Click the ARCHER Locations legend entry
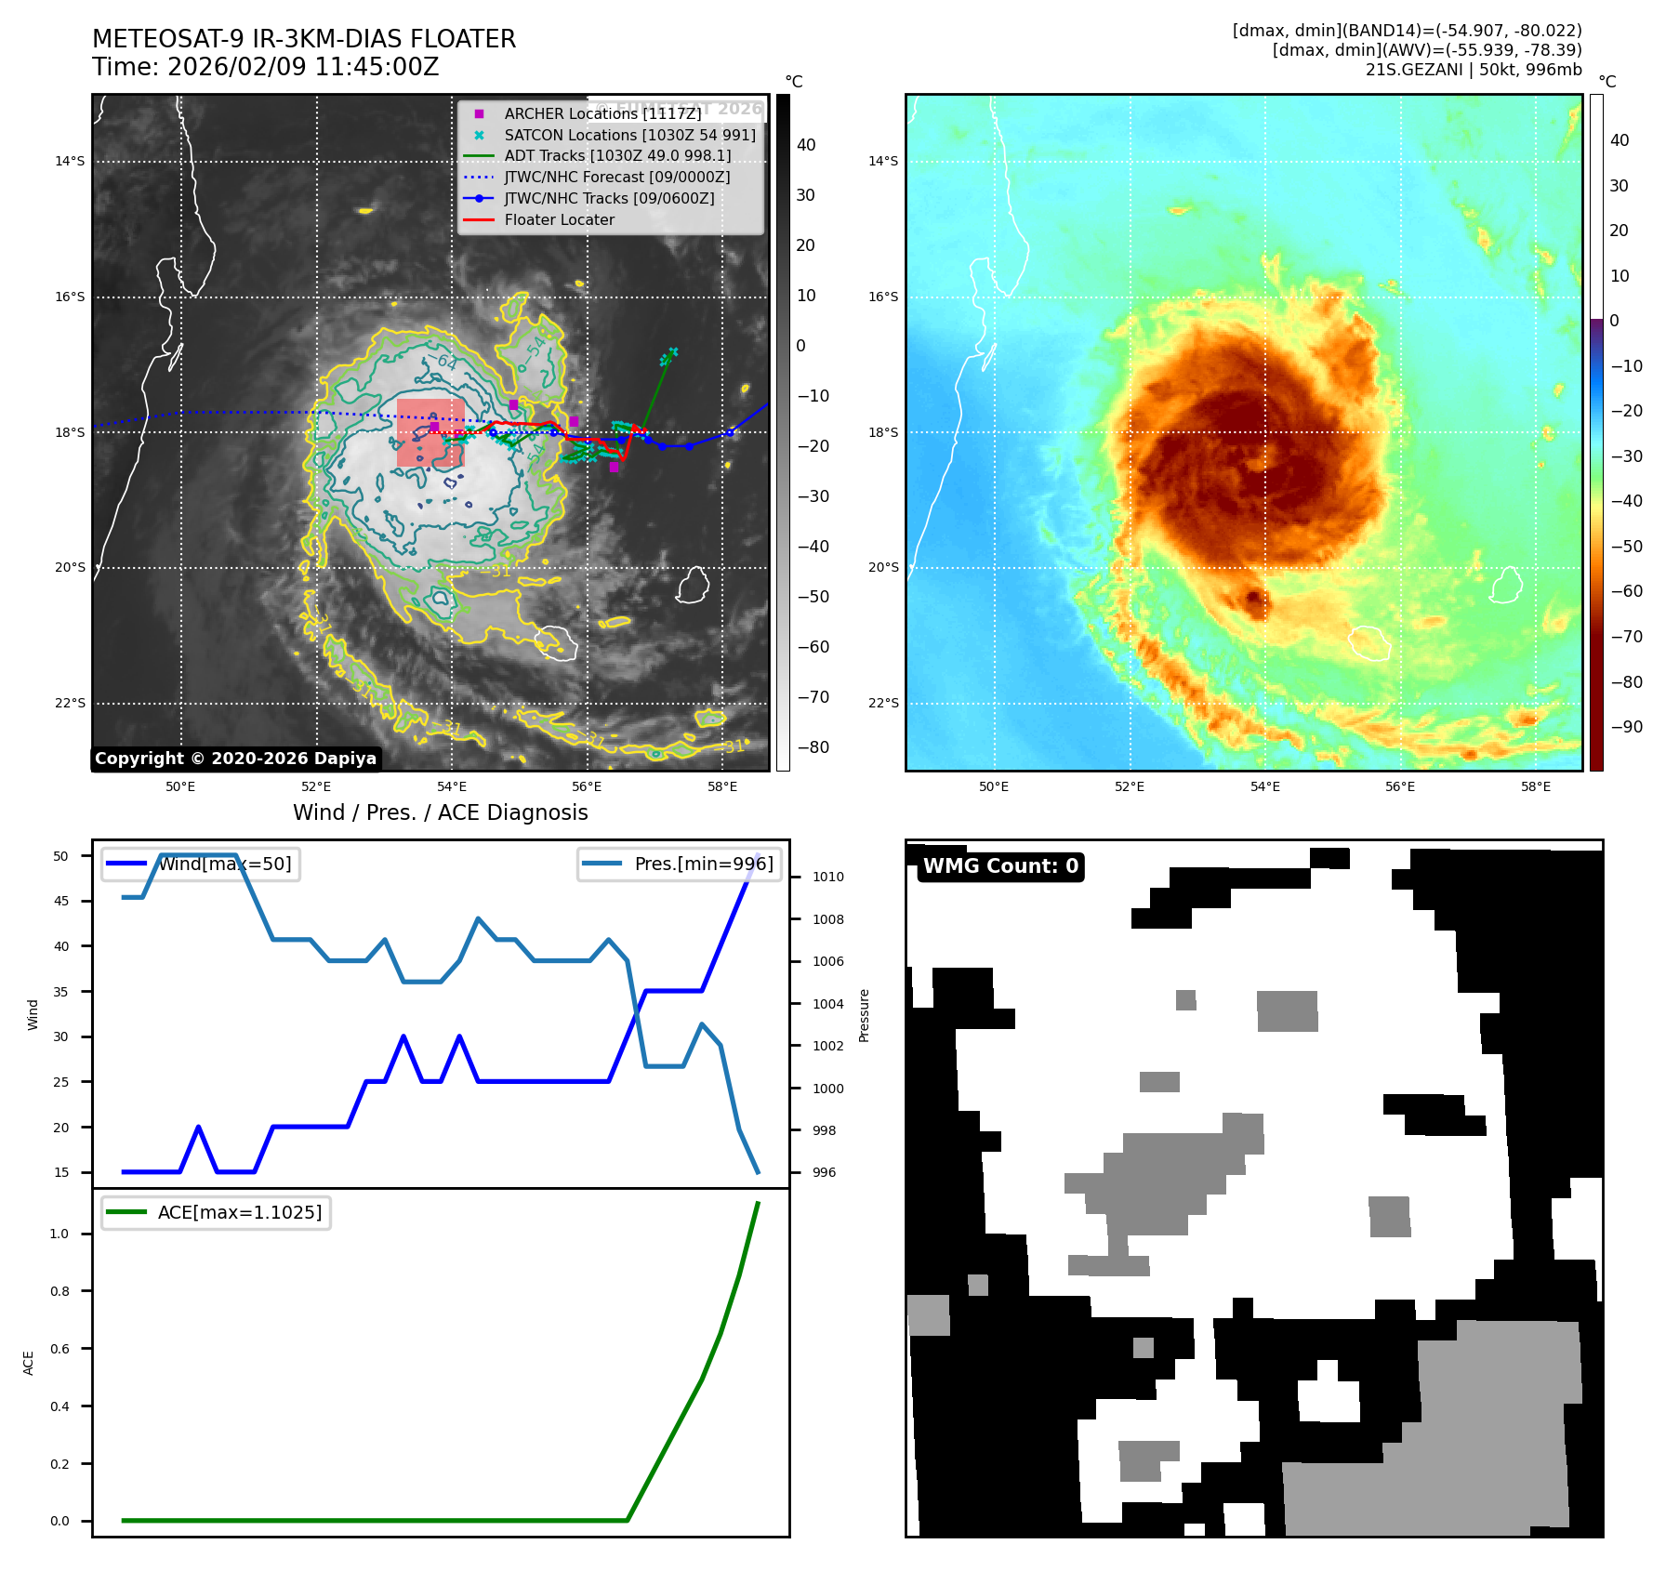coord(602,113)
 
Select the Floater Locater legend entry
coord(559,220)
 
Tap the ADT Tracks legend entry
coord(616,156)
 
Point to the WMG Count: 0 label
coord(1000,866)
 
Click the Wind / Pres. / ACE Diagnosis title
coord(440,812)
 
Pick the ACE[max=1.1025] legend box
coord(216,1212)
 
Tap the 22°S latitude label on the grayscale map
coord(70,703)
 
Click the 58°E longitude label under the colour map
coord(1535,786)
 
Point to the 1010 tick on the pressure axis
coord(827,877)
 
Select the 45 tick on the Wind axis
coord(61,901)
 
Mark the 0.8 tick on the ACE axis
coord(59,1291)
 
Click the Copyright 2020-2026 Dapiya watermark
coord(235,759)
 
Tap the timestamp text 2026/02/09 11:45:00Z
coord(303,67)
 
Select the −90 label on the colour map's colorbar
coord(1626,727)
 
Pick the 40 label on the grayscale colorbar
coord(806,145)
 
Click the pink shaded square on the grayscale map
coord(430,433)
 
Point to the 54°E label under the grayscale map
coord(452,786)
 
